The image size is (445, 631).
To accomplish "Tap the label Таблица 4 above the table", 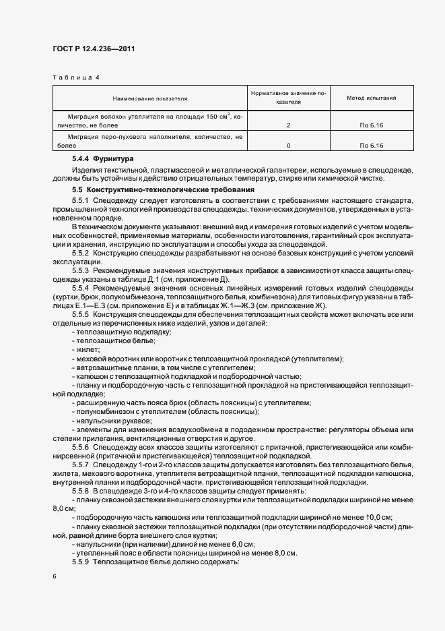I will point(75,78).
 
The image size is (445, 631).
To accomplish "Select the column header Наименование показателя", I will point(150,98).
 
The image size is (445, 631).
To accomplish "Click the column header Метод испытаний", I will point(371,98).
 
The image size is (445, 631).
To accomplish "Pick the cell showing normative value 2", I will point(288,125).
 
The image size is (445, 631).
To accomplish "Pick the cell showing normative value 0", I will point(288,145).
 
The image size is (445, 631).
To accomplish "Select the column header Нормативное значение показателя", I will point(288,98).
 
